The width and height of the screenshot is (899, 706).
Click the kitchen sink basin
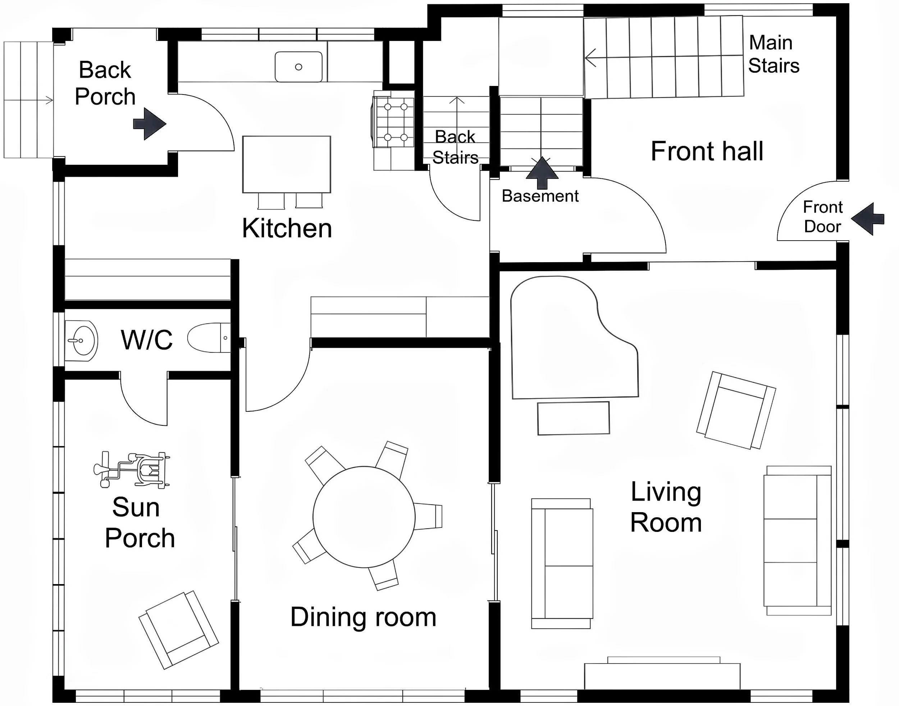298,67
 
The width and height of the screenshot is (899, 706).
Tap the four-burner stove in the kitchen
395,122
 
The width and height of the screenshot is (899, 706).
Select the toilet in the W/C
209,338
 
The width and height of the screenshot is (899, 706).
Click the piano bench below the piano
573,418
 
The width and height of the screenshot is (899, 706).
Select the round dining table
364,517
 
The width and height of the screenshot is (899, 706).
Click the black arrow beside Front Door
867,219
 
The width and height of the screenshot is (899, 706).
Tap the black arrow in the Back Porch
150,124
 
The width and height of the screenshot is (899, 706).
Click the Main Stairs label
773,54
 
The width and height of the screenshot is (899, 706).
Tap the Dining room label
363,617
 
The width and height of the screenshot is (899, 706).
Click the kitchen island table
287,164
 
